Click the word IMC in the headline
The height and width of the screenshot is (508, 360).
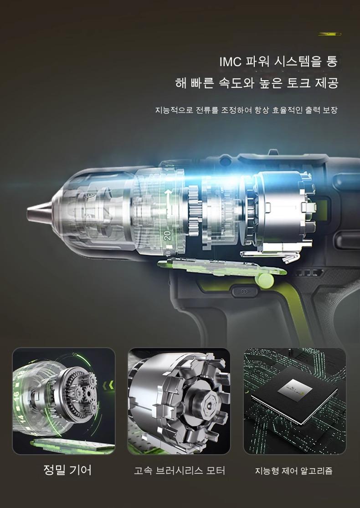click(x=231, y=62)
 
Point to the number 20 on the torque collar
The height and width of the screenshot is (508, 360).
click(x=168, y=235)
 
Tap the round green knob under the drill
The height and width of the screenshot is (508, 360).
click(x=265, y=280)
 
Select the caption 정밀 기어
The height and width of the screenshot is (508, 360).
click(x=67, y=470)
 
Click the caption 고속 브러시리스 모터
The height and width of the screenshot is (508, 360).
click(x=180, y=471)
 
